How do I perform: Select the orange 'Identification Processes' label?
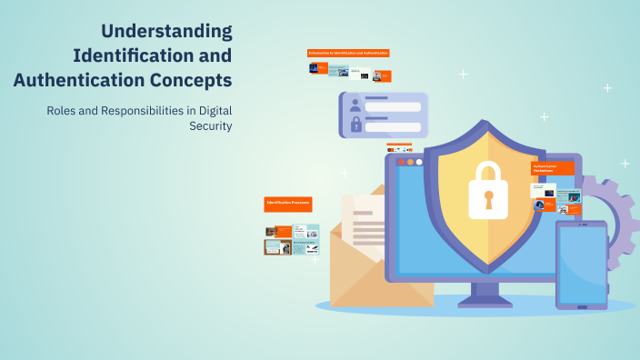tap(288, 205)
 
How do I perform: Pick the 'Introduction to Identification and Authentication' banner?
tap(349, 54)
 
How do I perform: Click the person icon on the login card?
tap(355, 105)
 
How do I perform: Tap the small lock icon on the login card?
tap(355, 125)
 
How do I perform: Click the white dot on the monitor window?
tap(420, 162)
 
